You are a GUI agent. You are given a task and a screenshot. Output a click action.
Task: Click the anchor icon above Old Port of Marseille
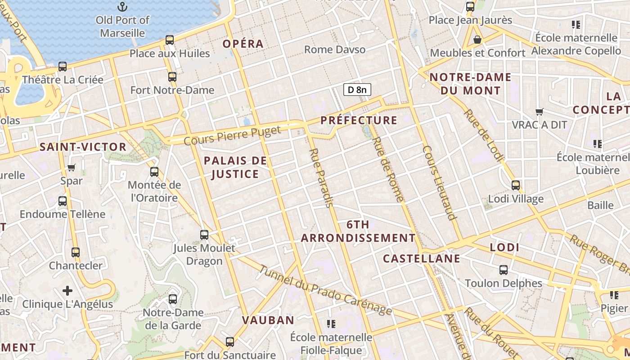[122, 7]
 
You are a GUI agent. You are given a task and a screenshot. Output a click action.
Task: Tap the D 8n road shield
[357, 90]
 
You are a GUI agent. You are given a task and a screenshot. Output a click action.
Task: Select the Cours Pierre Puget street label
[232, 135]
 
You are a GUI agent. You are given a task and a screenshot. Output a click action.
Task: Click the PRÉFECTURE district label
[359, 120]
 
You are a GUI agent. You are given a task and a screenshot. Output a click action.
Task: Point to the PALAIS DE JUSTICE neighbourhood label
[235, 167]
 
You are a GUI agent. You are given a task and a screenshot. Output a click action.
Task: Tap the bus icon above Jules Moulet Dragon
[204, 234]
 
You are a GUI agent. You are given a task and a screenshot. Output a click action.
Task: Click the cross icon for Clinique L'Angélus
[67, 291]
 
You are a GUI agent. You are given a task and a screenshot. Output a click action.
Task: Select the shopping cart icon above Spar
[71, 168]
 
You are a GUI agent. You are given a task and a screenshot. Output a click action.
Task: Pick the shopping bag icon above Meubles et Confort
[477, 40]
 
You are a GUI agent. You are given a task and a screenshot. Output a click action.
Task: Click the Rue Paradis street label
[321, 178]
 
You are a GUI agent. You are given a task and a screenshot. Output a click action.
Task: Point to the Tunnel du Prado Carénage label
[325, 290]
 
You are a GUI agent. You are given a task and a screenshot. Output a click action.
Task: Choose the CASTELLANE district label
[421, 258]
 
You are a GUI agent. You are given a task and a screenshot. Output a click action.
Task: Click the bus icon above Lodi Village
[516, 185]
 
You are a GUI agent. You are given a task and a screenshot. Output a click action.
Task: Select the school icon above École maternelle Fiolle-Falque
[331, 324]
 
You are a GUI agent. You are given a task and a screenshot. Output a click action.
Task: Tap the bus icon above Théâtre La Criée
[63, 67]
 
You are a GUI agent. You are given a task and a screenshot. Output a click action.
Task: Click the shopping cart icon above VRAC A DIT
[539, 112]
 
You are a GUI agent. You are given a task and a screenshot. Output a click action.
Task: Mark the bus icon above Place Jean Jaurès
[470, 7]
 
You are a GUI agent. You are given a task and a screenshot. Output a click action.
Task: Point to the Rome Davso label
[335, 49]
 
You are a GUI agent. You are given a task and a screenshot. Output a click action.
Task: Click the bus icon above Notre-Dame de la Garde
[172, 299]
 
